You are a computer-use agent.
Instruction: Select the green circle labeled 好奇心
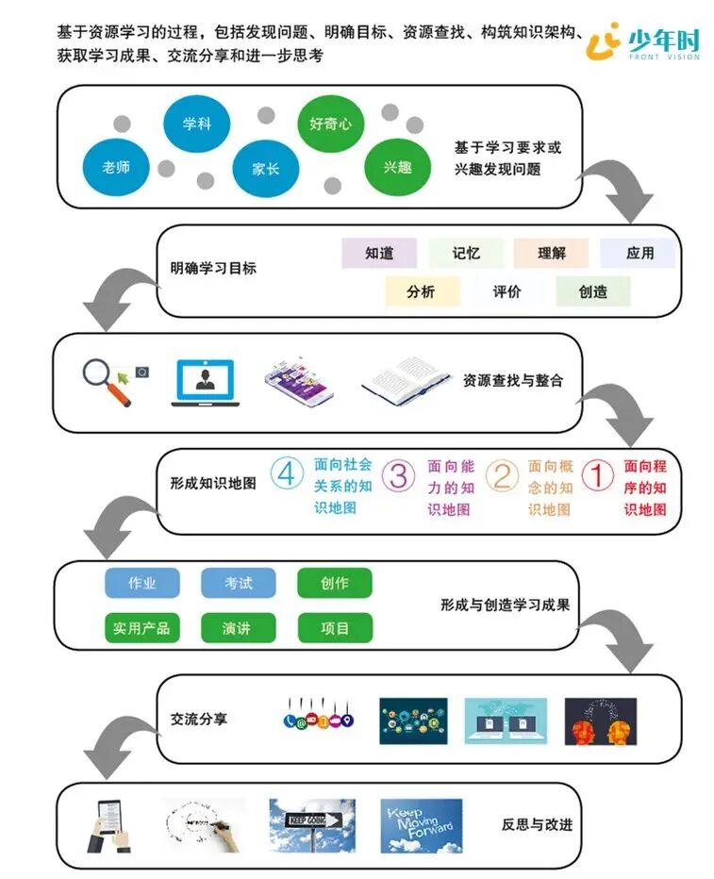[330, 124]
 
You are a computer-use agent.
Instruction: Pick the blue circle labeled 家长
[265, 170]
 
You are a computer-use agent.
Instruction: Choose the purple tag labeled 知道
[379, 254]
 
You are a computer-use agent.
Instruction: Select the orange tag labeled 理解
[551, 254]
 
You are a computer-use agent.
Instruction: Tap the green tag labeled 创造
[593, 292]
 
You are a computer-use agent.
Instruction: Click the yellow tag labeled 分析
[422, 292]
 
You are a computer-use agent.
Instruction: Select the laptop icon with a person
[205, 382]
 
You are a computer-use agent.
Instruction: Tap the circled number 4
[286, 473]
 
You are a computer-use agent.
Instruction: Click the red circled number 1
[598, 475]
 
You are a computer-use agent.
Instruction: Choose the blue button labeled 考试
[239, 584]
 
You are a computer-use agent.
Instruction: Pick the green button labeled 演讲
[238, 628]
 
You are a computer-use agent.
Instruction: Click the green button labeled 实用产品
[141, 628]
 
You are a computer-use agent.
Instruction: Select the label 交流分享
[200, 719]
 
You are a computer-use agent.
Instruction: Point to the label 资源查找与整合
[513, 381]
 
